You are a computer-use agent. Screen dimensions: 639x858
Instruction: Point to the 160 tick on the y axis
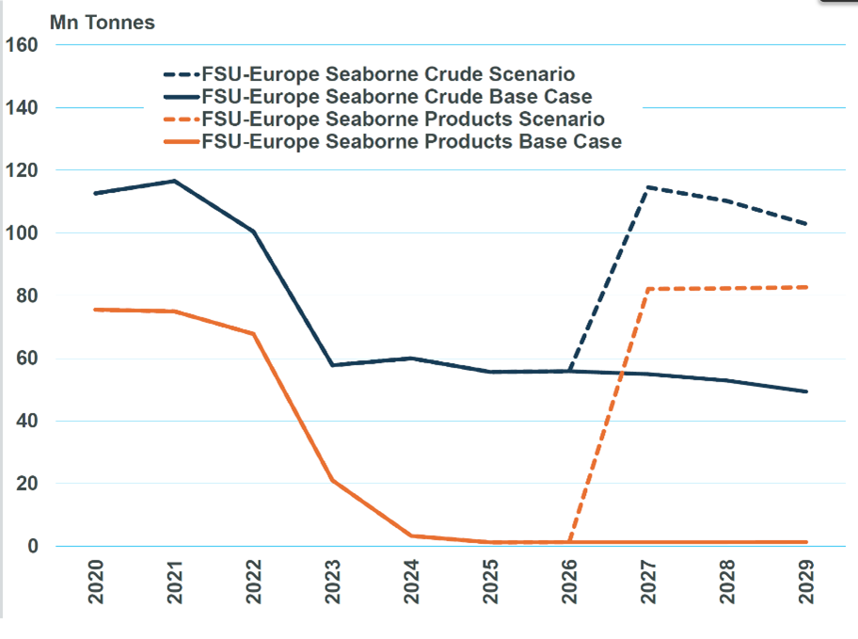(x=21, y=45)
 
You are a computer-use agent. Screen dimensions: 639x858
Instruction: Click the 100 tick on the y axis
(x=21, y=233)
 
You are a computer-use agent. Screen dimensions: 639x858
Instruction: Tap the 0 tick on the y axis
(x=32, y=546)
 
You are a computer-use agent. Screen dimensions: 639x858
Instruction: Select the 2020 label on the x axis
(x=96, y=584)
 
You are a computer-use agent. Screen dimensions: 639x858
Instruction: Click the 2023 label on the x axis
(x=333, y=584)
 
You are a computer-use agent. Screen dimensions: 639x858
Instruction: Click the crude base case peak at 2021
(x=174, y=181)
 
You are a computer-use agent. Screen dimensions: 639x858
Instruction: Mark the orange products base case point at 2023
(x=332, y=480)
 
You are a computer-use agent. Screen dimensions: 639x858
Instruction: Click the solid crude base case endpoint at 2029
(x=806, y=391)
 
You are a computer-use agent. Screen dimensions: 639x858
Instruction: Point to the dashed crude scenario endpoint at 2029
(x=806, y=224)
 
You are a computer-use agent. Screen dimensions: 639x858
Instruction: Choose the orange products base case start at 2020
(x=95, y=310)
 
